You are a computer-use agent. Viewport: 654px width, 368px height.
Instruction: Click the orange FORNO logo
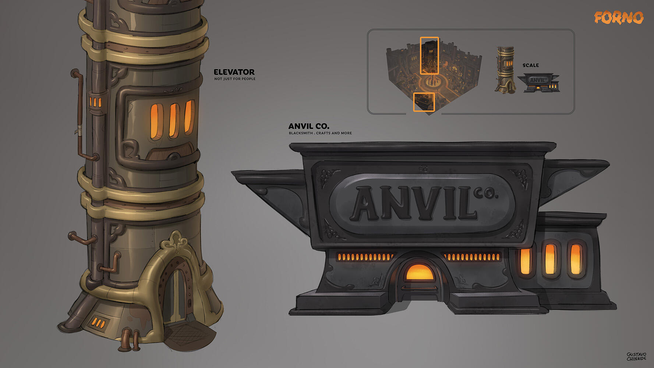pos(619,17)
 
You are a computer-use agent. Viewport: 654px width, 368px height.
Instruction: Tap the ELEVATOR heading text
pos(234,72)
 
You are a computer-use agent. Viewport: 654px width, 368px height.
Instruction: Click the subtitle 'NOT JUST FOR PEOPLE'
pos(235,79)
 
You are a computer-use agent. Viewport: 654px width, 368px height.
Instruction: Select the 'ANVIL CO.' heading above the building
pos(309,126)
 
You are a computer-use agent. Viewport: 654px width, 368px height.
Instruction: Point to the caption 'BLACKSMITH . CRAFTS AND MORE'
pos(320,133)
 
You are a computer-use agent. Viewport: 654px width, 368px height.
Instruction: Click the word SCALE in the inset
pos(531,66)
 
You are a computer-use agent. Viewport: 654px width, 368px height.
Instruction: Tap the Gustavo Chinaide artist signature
pos(636,356)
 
